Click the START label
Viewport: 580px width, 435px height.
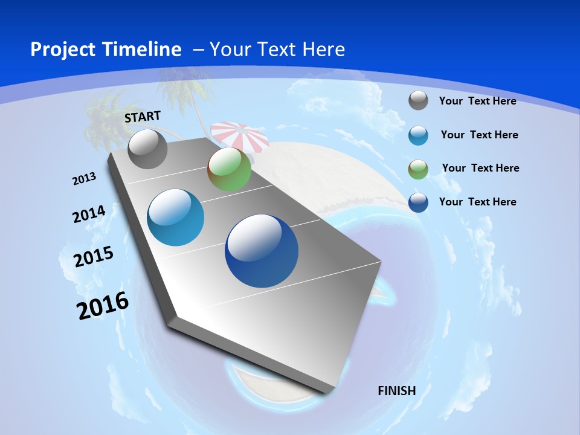(x=143, y=117)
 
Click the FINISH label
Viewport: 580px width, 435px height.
(x=397, y=390)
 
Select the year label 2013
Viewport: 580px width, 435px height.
(x=84, y=179)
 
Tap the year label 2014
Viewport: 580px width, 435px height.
(x=89, y=214)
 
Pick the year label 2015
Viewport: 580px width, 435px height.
(x=94, y=257)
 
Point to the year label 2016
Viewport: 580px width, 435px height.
(x=103, y=306)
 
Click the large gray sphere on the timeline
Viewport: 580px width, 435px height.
(x=148, y=149)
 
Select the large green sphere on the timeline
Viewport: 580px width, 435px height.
(x=229, y=169)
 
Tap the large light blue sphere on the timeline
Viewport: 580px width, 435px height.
(x=176, y=217)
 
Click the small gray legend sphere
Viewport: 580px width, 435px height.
(x=418, y=100)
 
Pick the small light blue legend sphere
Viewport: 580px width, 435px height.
(x=418, y=135)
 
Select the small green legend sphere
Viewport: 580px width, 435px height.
(x=418, y=169)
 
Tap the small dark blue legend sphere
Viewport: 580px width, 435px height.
(x=418, y=202)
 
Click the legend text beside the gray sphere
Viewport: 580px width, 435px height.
(x=477, y=101)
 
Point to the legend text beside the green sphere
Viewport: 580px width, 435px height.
(x=480, y=168)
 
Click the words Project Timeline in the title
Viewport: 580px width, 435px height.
(x=106, y=50)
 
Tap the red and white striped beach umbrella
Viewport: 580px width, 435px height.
(x=240, y=134)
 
